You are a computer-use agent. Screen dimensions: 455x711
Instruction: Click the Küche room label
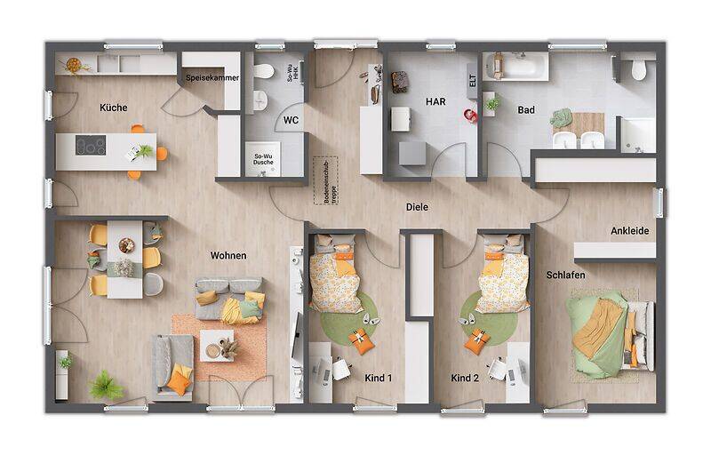click(114, 108)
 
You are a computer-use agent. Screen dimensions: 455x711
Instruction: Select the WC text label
click(291, 120)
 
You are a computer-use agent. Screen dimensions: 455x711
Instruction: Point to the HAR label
click(435, 102)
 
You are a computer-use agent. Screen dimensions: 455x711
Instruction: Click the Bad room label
click(526, 110)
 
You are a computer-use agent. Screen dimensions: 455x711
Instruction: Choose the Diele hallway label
click(417, 207)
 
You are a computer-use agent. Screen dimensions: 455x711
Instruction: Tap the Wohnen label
click(228, 256)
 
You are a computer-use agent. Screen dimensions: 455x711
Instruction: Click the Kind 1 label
click(379, 378)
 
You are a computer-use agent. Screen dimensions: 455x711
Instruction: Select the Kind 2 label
click(465, 378)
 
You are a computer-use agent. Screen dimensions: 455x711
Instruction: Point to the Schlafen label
click(565, 275)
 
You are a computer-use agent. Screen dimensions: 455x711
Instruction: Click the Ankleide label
click(629, 231)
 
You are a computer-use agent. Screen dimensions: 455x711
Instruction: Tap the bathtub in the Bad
click(516, 66)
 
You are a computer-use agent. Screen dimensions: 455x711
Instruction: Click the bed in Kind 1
click(335, 275)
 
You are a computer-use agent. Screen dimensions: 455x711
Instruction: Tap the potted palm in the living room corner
click(106, 385)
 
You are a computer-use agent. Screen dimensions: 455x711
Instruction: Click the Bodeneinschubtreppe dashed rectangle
click(321, 180)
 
